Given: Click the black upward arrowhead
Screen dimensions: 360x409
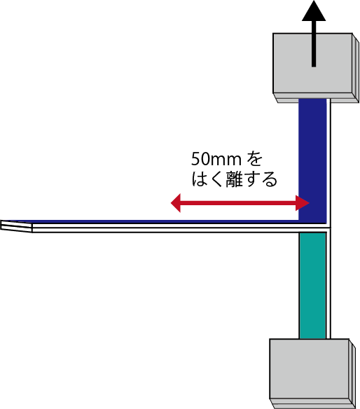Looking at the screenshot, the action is pos(314,11).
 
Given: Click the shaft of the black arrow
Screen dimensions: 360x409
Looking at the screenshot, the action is pos(314,43).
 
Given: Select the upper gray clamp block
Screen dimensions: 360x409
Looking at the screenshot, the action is pos(316,68).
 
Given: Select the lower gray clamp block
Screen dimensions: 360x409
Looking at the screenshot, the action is pos(312,373).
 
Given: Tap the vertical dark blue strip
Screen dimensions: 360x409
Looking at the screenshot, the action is pos(312,160).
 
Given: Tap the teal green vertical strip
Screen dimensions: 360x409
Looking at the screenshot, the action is pos(312,286).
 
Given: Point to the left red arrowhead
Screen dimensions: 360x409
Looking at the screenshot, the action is pos(176,202).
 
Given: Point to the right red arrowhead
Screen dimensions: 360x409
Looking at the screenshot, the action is pos(303,202).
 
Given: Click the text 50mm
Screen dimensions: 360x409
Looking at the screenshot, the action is pos(216,159).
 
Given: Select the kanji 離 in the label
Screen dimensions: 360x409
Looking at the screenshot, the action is pos(235,179).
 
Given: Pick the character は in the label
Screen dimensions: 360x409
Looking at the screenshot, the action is pos(199,179).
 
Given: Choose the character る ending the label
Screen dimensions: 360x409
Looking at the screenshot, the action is pos(270,179).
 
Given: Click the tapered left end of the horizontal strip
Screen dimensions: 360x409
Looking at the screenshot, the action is pos(16,226).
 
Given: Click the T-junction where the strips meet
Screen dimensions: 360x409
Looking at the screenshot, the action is pos(328,228).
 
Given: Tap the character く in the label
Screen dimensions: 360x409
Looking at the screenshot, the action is pos(216,179).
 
